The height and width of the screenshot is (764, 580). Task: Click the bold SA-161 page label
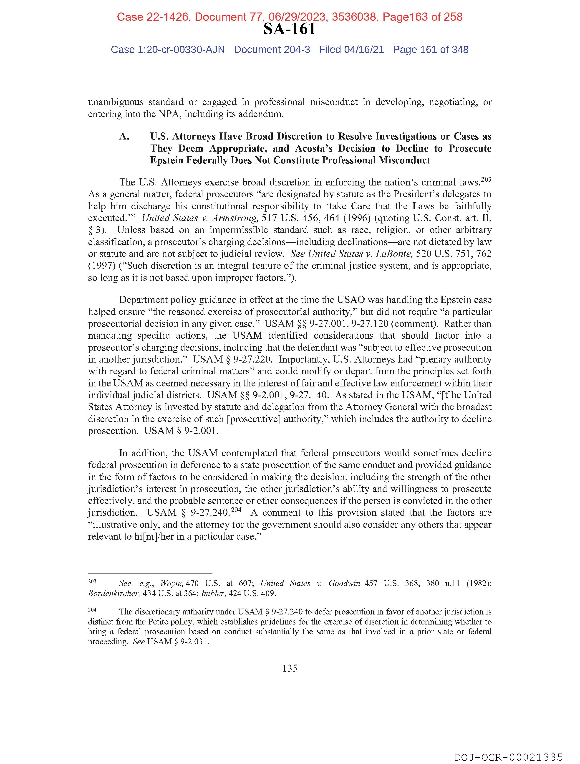(289, 29)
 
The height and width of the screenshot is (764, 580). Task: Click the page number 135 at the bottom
(290, 668)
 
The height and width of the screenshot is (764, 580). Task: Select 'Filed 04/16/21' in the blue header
(351, 50)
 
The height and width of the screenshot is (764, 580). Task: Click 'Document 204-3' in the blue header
(272, 50)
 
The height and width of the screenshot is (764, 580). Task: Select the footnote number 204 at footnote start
(92, 610)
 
